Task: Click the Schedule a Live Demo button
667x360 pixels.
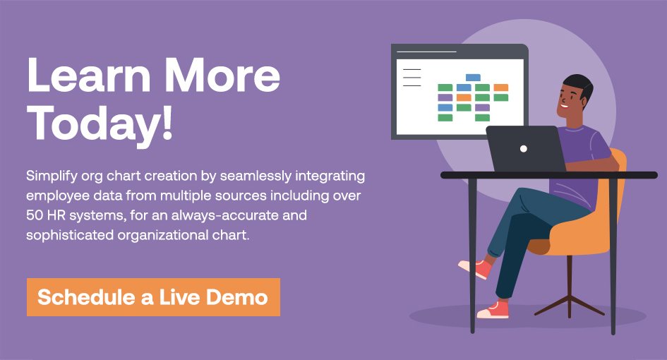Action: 153,297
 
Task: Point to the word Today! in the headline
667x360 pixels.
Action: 100,123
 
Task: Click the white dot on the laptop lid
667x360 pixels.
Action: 524,149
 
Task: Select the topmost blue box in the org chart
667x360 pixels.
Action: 473,78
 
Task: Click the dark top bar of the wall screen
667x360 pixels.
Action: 459,51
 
